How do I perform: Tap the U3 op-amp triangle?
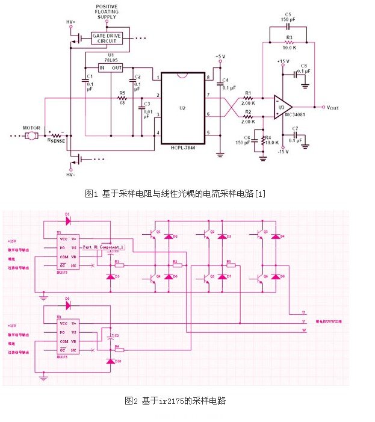coord(283,107)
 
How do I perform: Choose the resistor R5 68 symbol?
coord(122,99)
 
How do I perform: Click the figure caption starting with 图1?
coord(175,194)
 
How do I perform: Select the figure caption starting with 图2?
coord(175,400)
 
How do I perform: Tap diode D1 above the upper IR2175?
coord(67,220)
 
